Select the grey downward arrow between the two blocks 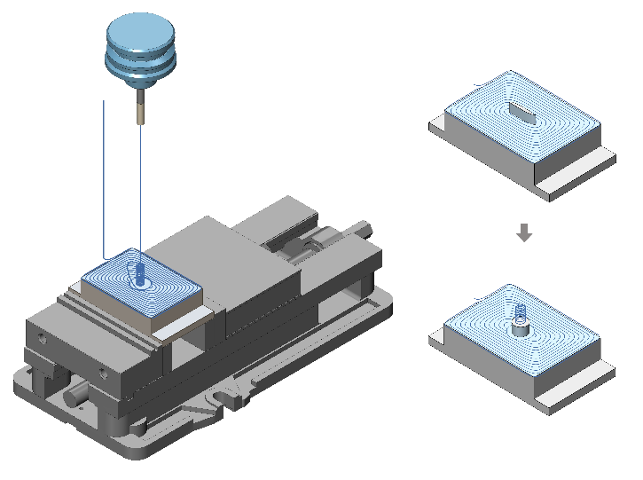524,233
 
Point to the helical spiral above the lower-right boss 521,312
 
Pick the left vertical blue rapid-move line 105,177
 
